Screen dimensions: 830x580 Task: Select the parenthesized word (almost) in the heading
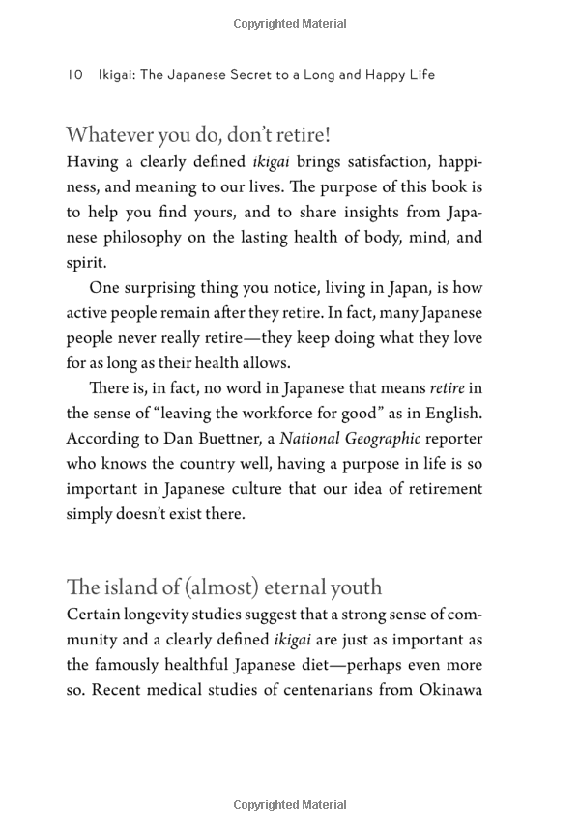(x=224, y=587)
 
